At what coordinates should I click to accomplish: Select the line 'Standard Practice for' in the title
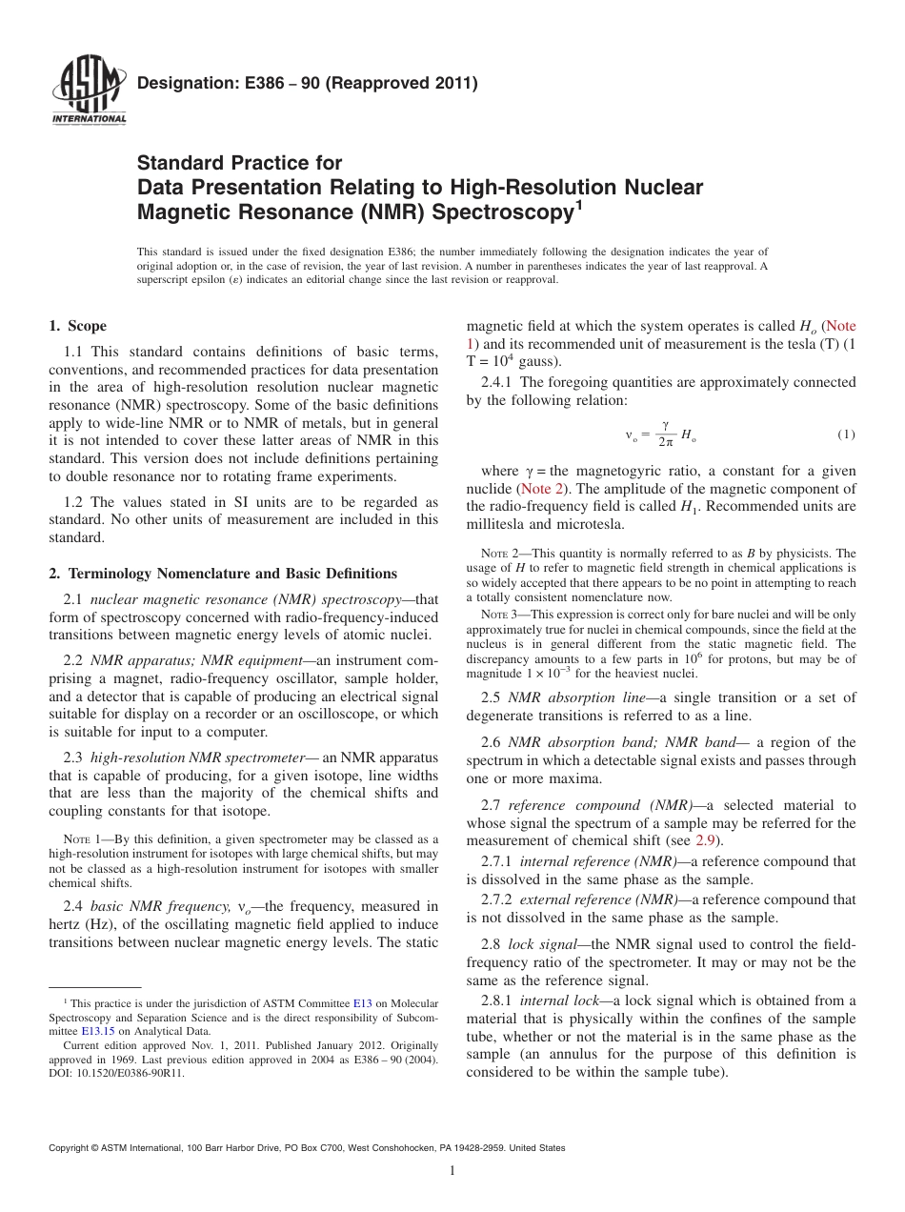tap(239, 163)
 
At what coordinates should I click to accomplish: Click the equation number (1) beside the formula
tap(846, 434)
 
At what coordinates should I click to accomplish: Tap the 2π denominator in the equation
tap(666, 443)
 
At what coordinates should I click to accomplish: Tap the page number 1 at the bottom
tap(452, 1171)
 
